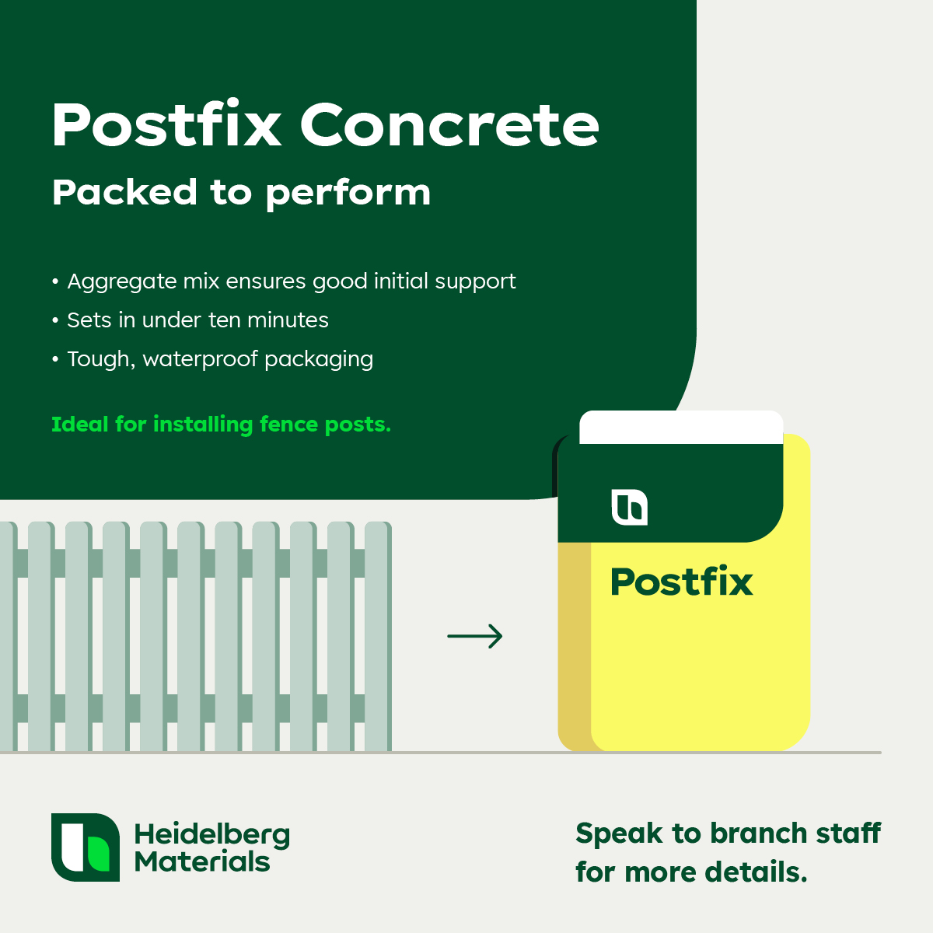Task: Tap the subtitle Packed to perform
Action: click(241, 193)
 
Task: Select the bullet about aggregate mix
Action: click(284, 281)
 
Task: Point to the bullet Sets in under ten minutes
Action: click(190, 320)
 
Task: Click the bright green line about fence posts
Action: click(222, 425)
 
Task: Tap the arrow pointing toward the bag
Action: click(474, 636)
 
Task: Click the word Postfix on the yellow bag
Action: click(682, 581)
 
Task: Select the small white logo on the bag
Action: click(630, 507)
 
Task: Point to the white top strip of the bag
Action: click(681, 427)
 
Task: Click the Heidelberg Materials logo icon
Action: click(86, 847)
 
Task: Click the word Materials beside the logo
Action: click(202, 862)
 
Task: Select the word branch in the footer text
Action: click(758, 833)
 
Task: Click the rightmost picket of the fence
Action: click(378, 636)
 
